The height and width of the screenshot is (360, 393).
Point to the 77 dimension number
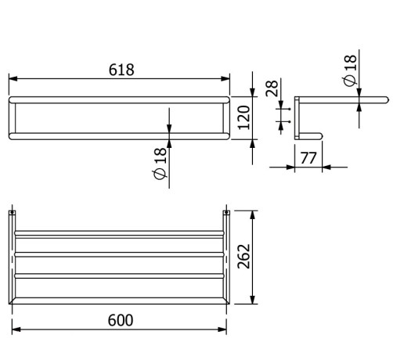(x=308, y=157)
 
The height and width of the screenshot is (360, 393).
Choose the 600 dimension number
(x=119, y=319)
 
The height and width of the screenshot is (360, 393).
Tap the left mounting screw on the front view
(x=13, y=212)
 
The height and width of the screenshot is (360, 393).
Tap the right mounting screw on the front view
(x=226, y=212)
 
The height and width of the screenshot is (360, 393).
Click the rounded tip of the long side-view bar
(x=385, y=100)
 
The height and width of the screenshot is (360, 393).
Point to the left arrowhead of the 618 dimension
(x=11, y=77)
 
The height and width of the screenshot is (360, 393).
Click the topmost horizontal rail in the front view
(x=119, y=232)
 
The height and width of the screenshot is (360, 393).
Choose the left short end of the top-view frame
(x=12, y=117)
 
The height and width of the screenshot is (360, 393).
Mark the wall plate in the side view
(x=296, y=117)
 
